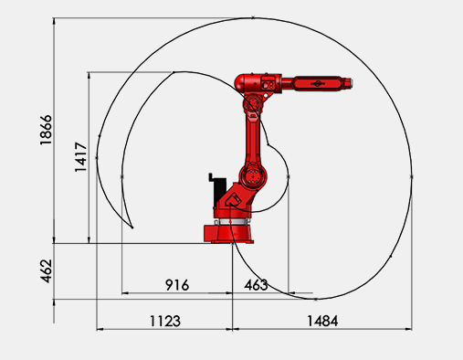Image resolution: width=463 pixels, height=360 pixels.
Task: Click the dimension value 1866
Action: [x=46, y=130]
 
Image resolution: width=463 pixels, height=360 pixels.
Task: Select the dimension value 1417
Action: [x=81, y=157]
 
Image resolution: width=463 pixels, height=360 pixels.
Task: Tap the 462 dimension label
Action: [x=47, y=271]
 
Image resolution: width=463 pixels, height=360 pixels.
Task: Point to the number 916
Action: [x=177, y=285]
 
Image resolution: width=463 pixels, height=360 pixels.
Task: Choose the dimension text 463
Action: [x=256, y=285]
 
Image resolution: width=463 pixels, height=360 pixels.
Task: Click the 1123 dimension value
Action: [x=165, y=321]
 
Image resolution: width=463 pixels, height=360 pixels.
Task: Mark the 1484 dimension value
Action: [x=322, y=321]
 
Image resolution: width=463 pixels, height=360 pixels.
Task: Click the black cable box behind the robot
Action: [x=218, y=190]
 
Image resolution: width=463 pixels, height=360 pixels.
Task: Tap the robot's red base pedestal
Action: [x=228, y=234]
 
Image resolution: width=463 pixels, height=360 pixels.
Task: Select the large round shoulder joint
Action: [x=253, y=176]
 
